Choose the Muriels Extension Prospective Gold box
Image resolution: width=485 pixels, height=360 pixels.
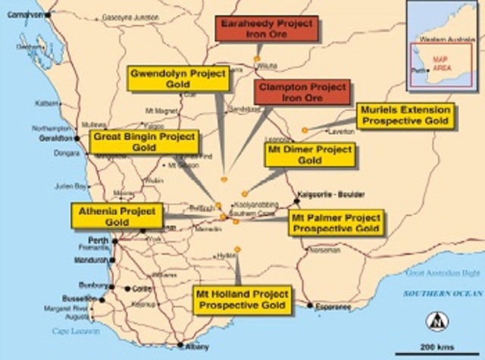tap(405, 116)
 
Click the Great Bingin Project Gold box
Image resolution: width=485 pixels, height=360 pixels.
tap(144, 142)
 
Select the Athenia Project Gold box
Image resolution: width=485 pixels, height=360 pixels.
tap(117, 216)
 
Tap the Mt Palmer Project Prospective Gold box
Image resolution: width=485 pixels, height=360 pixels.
tap(335, 222)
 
